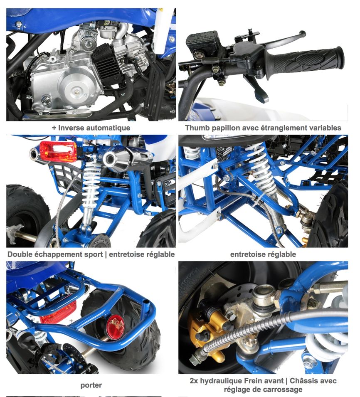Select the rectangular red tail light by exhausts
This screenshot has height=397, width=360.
pos(58,151)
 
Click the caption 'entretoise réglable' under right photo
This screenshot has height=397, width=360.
pos(263,254)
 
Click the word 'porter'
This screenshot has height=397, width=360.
pos(91,385)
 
